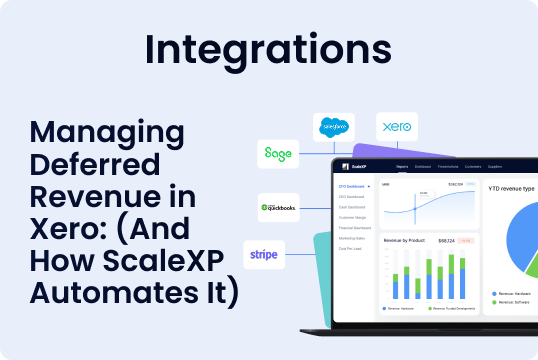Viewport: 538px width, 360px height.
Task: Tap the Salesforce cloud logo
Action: coord(334,129)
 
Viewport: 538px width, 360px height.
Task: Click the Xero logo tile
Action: coord(397,128)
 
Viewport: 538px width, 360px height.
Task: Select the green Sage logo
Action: coord(278,154)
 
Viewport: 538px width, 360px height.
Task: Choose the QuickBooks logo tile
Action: coord(279,207)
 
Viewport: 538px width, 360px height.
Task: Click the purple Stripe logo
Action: coord(265,254)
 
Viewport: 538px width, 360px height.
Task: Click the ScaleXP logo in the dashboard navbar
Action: coord(351,167)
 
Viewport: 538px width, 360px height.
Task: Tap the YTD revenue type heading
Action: coord(511,187)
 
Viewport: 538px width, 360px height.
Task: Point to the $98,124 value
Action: coord(447,240)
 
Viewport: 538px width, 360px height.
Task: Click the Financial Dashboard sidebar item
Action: coord(355,229)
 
